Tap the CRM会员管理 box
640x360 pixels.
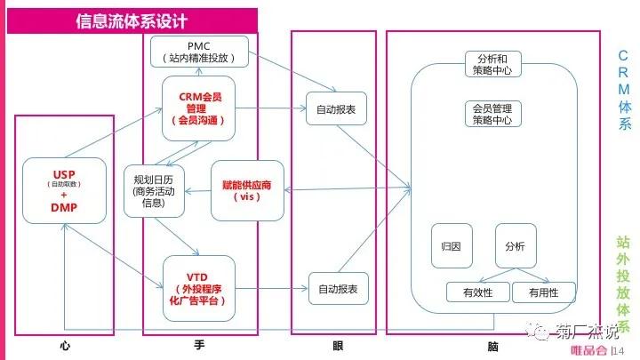coord(198,108)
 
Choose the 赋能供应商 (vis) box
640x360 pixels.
coord(246,190)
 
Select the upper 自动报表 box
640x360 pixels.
coord(336,109)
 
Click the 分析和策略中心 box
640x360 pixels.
coord(492,64)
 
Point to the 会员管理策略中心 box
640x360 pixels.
coord(492,113)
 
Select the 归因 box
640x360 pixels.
coord(450,244)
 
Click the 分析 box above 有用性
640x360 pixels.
coord(516,244)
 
